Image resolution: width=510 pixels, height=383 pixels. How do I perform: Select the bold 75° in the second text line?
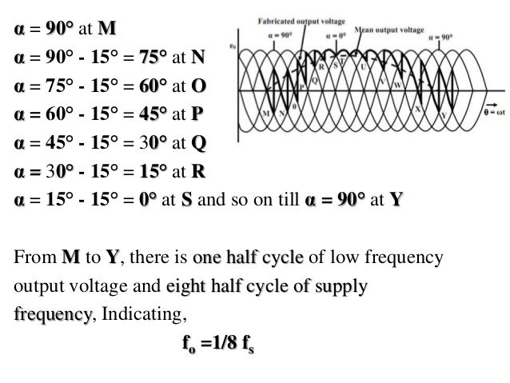(x=149, y=57)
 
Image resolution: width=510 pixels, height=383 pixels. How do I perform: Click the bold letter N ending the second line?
(x=198, y=57)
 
